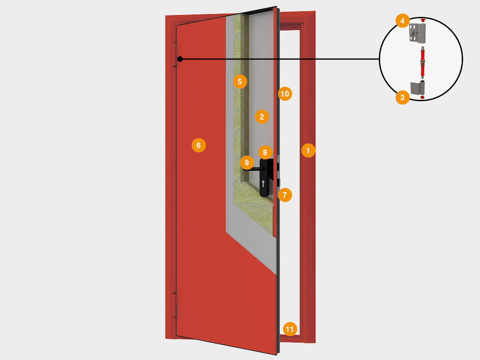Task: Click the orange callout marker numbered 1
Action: (308, 150)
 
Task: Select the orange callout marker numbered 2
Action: (262, 117)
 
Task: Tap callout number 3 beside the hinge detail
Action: (403, 97)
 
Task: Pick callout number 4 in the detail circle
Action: (403, 21)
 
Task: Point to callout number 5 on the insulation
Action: (240, 82)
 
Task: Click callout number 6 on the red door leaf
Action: (199, 145)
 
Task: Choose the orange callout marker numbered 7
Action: (285, 195)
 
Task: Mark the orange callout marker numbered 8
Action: (265, 152)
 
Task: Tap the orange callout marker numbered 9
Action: (247, 163)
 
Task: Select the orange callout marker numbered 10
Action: (285, 94)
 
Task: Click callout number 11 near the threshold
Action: (290, 329)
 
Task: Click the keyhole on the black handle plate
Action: (263, 183)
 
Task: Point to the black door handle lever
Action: (254, 169)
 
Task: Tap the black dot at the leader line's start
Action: (180, 59)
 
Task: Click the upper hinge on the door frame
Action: (175, 54)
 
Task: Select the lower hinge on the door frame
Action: (175, 305)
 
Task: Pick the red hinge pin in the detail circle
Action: (422, 62)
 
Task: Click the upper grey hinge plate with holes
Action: (417, 33)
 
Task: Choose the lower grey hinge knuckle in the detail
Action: (418, 88)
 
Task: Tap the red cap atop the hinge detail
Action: (423, 20)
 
